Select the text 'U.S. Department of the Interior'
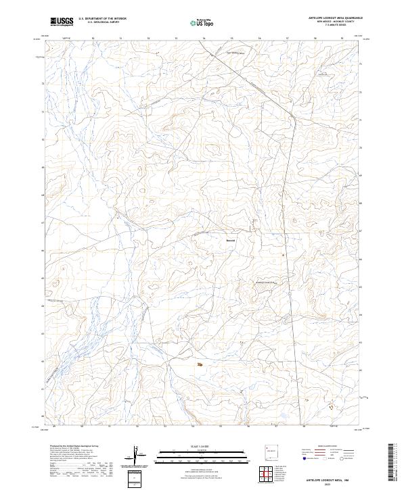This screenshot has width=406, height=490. click(102, 18)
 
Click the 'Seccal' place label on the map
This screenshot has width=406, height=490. click(231, 239)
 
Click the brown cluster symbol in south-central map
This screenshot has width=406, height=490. click(199, 365)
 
